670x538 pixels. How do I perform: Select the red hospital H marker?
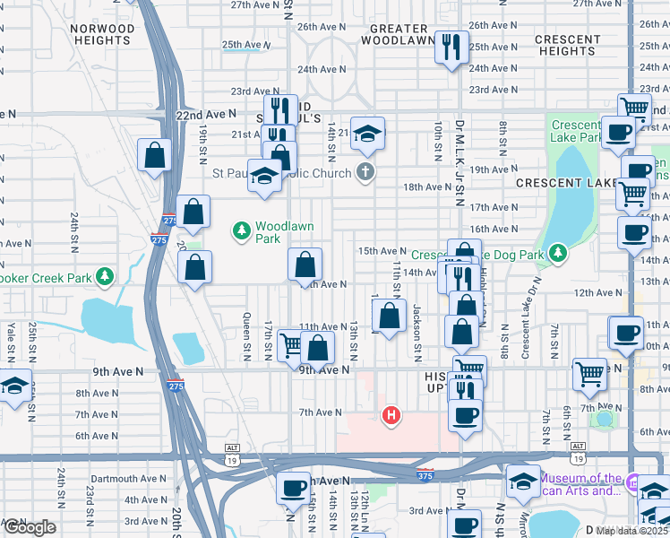pyautogui.click(x=391, y=414)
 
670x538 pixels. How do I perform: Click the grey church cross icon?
pyautogui.click(x=365, y=170)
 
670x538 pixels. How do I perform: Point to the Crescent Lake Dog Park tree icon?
pyautogui.click(x=557, y=255)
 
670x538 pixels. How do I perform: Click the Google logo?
pyautogui.click(x=30, y=527)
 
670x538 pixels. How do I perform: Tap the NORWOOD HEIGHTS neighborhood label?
pyautogui.click(x=101, y=35)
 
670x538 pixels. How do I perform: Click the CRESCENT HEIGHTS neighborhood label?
pyautogui.click(x=568, y=46)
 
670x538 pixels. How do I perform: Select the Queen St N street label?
pyautogui.click(x=247, y=325)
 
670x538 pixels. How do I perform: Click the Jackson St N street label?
pyautogui.click(x=417, y=328)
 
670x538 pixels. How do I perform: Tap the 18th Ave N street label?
pyautogui.click(x=426, y=187)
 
